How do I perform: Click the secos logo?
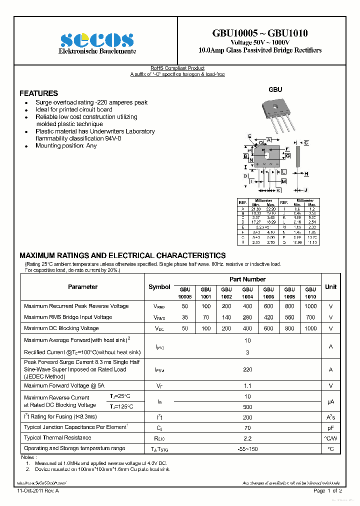pyautogui.click(x=97, y=40)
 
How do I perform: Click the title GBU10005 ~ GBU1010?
pyautogui.click(x=260, y=33)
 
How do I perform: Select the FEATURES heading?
pyautogui.click(x=38, y=93)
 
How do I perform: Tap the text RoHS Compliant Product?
pyautogui.click(x=177, y=68)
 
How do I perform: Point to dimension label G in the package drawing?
pyautogui.click(x=288, y=156)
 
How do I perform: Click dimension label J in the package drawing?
pyautogui.click(x=305, y=190)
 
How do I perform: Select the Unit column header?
pyautogui.click(x=330, y=287)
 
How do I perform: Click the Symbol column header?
pyautogui.click(x=159, y=287)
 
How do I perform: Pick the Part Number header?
pyautogui.click(x=247, y=279)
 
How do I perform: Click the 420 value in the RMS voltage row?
pyautogui.click(x=268, y=317)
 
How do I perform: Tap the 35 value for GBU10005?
pyautogui.click(x=185, y=317)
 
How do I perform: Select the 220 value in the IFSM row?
pyautogui.click(x=247, y=370)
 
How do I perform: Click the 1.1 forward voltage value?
pyautogui.click(x=247, y=386)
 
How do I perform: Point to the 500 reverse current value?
pyautogui.click(x=247, y=407)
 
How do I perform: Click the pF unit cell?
pyautogui.click(x=330, y=428)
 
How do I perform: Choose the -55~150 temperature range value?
pyautogui.click(x=247, y=449)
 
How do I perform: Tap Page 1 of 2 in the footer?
pyautogui.click(x=327, y=491)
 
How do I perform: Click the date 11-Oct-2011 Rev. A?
pyautogui.click(x=38, y=491)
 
